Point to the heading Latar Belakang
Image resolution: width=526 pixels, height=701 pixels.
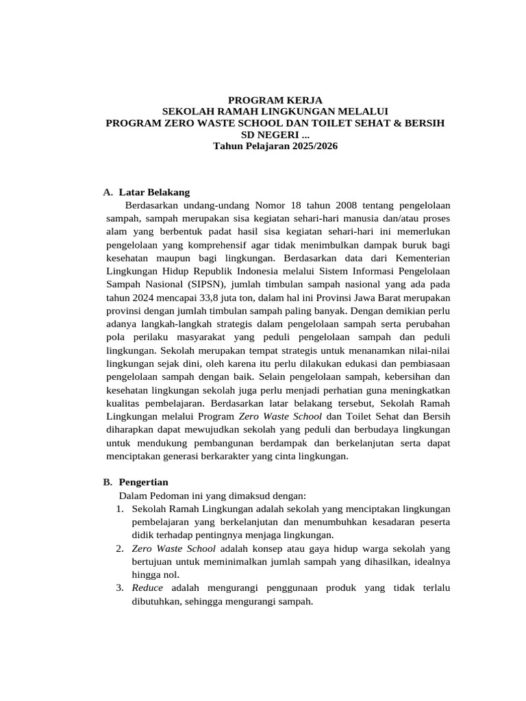154,192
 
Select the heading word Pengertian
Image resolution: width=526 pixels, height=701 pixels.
143,482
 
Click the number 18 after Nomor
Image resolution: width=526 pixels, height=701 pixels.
297,205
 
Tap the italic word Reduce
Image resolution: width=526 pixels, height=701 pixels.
147,588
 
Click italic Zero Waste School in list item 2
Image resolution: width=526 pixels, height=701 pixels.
173,548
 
